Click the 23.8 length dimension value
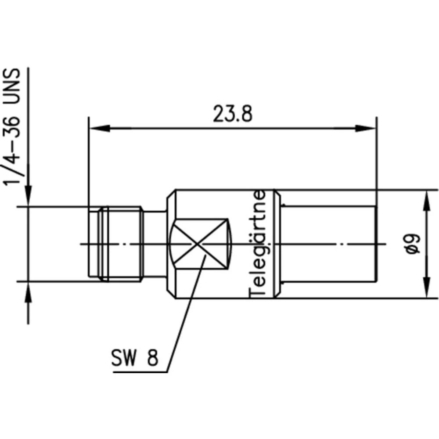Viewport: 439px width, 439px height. pyautogui.click(x=232, y=115)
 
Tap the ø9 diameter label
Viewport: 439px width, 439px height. pyautogui.click(x=413, y=244)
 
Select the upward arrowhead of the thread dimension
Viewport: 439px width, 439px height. pyautogui.click(x=29, y=291)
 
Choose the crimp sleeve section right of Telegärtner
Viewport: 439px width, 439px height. pyautogui.click(x=327, y=244)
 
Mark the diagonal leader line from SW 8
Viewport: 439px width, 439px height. pyautogui.click(x=182, y=316)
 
